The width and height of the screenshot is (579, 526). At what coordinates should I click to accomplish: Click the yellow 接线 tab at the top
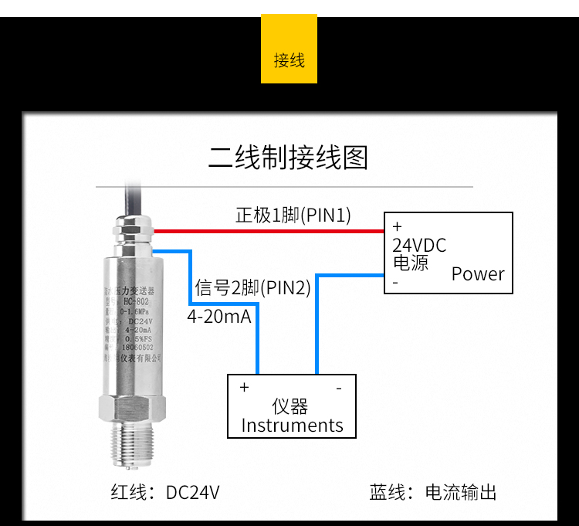(289, 60)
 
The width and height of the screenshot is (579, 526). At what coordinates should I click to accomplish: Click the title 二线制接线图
(288, 157)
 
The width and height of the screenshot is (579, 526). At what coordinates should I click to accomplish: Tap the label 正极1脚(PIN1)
(293, 215)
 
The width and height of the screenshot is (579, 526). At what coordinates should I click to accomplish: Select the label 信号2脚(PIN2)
(252, 288)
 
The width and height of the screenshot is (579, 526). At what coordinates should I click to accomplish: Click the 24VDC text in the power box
(419, 246)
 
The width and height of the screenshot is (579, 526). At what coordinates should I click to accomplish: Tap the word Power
(478, 273)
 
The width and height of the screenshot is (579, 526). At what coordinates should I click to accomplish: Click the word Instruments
(292, 425)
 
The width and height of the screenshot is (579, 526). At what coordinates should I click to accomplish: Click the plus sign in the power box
(398, 227)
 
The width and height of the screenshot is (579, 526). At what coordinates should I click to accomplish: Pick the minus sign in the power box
(395, 283)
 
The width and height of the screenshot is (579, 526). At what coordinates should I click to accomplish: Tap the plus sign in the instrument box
(244, 387)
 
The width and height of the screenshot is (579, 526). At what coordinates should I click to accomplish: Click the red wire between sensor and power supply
(270, 231)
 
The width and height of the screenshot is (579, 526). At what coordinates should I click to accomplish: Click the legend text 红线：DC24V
(165, 492)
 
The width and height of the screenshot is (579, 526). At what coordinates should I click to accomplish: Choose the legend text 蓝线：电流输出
(433, 492)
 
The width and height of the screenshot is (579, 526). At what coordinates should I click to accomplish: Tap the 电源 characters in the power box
(411, 263)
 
